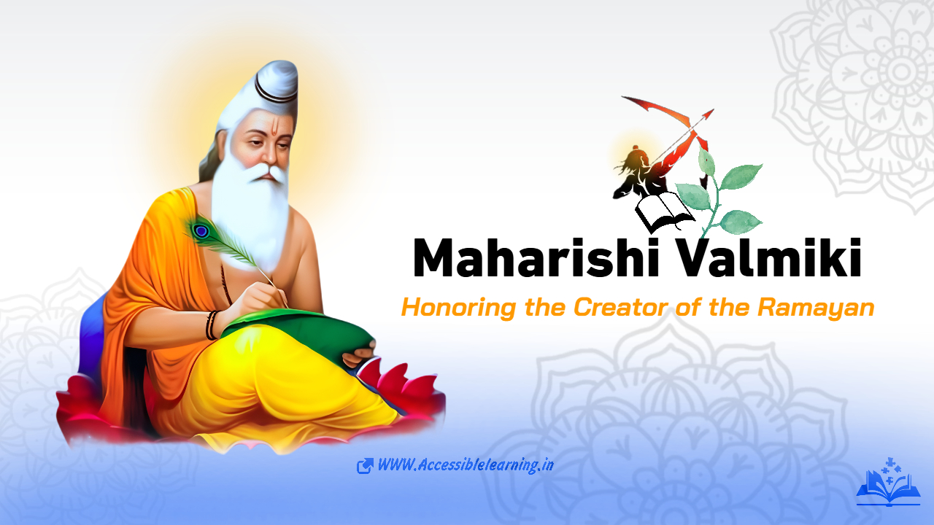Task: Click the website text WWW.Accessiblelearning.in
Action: pos(465,465)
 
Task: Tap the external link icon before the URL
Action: pos(365,466)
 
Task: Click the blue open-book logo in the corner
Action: pos(887,484)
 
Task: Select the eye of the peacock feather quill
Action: pos(200,231)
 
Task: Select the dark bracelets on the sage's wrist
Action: pos(212,325)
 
